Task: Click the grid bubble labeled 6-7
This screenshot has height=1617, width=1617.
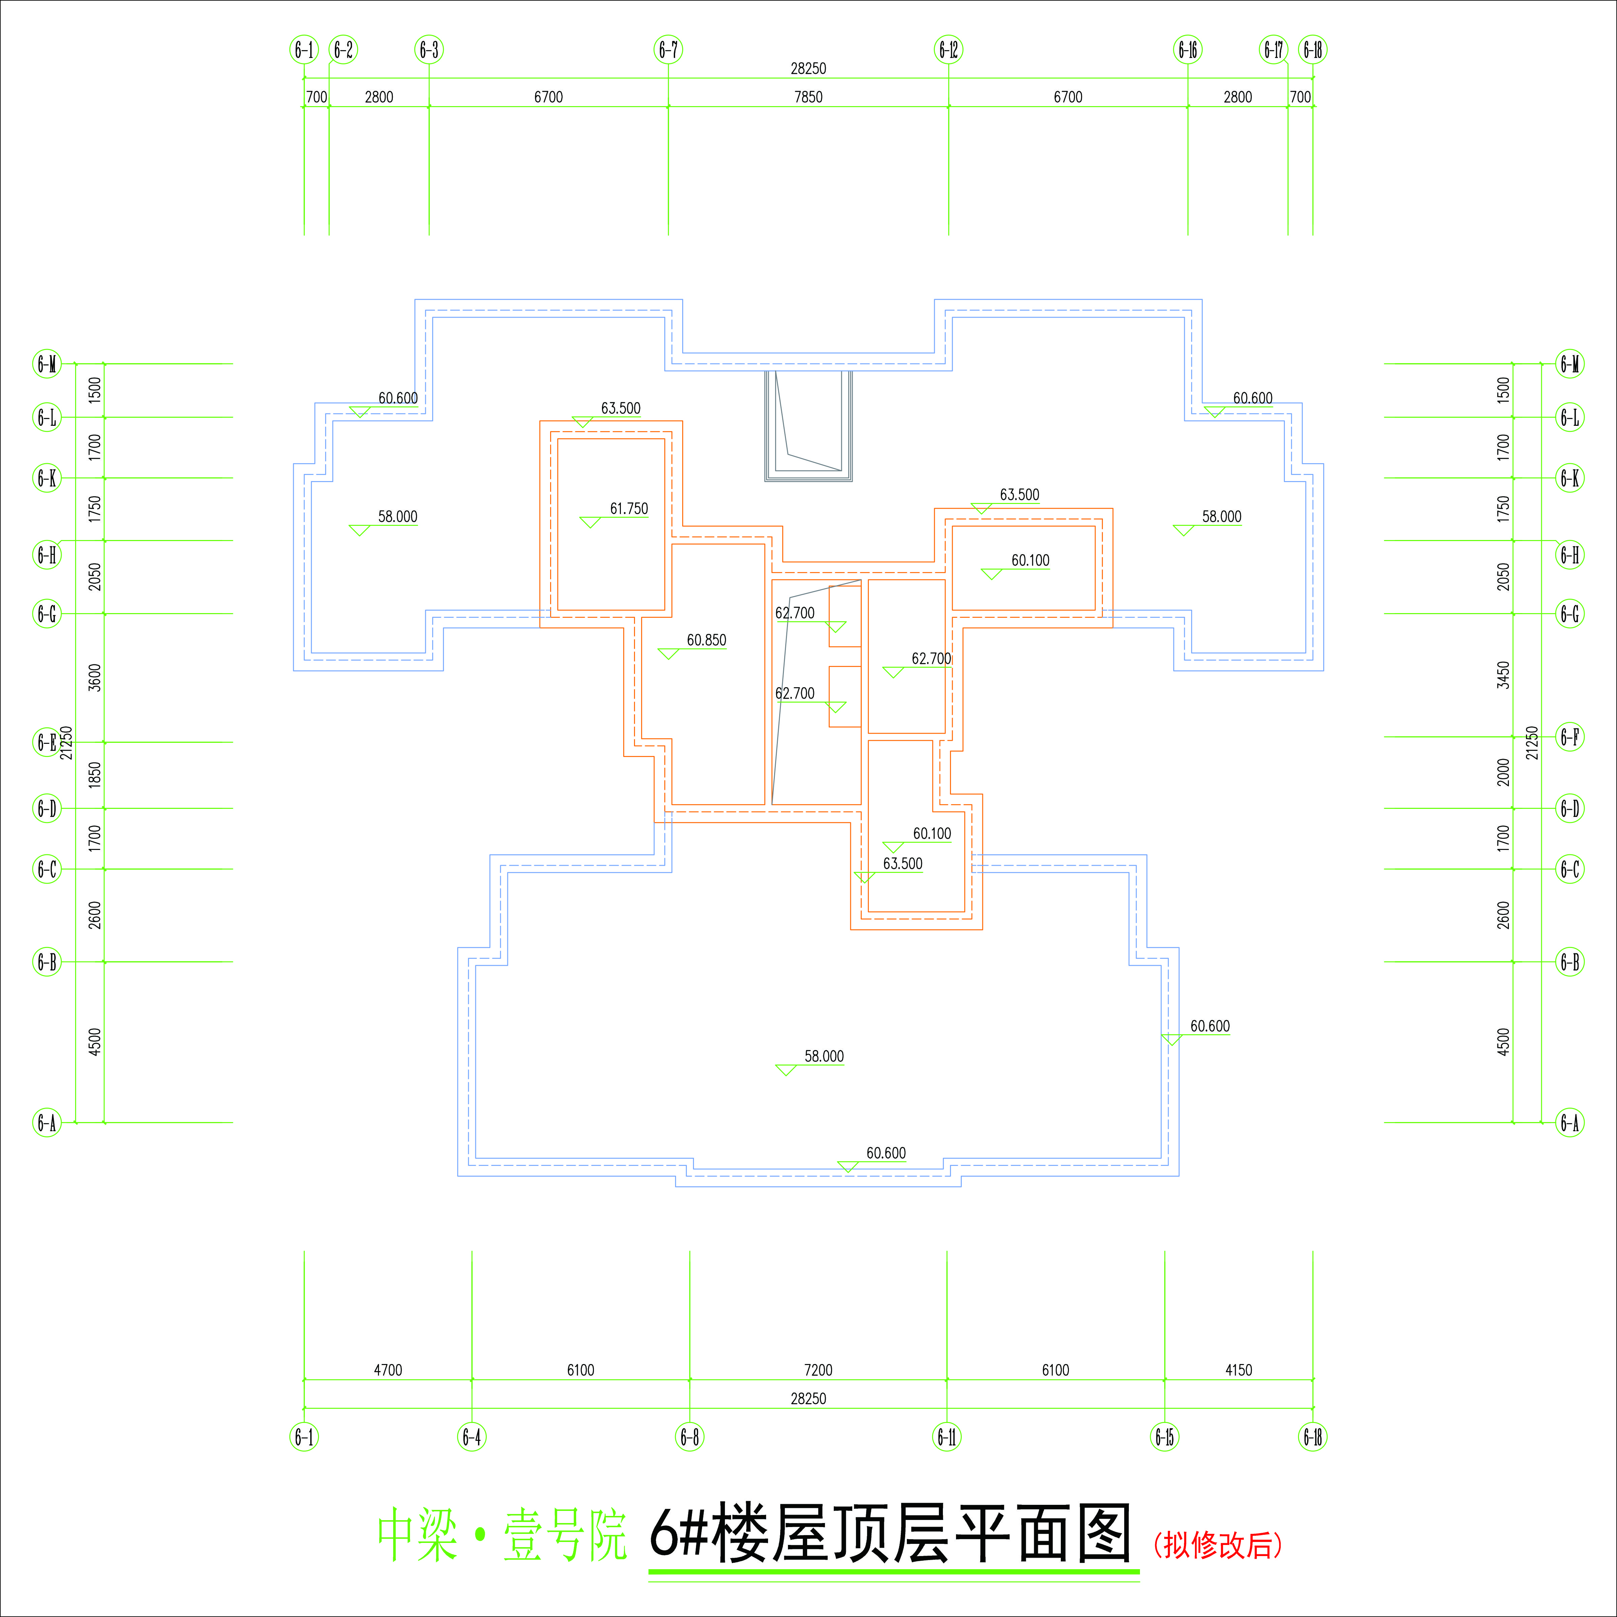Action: [x=668, y=50]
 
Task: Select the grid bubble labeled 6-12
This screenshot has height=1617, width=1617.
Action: [x=948, y=50]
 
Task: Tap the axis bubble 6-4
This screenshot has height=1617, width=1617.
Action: [x=472, y=1437]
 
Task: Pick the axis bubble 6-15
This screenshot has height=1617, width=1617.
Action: [x=1164, y=1437]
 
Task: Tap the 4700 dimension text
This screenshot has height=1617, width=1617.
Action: [x=387, y=1370]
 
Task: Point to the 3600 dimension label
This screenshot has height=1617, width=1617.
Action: [x=95, y=677]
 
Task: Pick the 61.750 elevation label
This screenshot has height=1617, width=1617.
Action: [x=629, y=509]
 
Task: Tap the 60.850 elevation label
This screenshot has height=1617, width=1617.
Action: [x=706, y=640]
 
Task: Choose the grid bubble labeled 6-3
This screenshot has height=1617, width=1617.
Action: [x=430, y=50]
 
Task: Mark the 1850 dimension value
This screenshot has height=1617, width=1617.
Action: [x=95, y=774]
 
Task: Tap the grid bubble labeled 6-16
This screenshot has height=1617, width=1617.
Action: [x=1187, y=50]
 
